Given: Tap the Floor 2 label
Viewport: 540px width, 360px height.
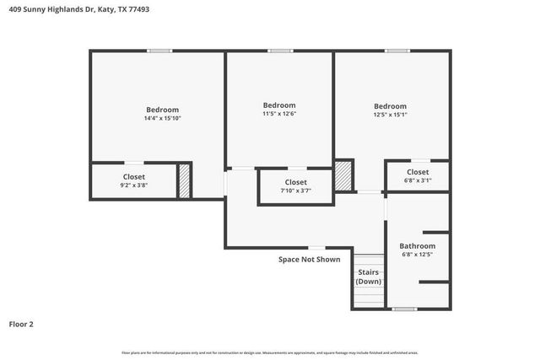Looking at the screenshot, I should tap(21, 323).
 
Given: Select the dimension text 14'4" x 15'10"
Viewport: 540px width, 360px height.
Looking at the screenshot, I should tap(162, 119).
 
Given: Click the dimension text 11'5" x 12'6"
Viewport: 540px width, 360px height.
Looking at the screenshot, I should tap(278, 114).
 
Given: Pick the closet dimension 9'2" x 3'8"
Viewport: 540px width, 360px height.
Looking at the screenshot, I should tap(133, 185).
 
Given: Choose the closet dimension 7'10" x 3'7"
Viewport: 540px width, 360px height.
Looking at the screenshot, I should tap(295, 191).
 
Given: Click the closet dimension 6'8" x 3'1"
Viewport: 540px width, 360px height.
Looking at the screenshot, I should tap(418, 180).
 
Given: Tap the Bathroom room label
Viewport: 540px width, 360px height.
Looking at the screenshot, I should tap(417, 245).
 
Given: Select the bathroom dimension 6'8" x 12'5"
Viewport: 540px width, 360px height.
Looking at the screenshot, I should tap(417, 254).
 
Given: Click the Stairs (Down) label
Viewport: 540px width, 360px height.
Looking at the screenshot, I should tap(368, 277).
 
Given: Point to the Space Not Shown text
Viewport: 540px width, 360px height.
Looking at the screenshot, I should tap(309, 260).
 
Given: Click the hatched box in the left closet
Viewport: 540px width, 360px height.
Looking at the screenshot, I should tap(183, 180).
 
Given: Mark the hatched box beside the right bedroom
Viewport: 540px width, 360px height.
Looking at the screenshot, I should tap(343, 175).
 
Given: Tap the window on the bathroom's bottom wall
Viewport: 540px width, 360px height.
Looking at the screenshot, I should tap(404, 309).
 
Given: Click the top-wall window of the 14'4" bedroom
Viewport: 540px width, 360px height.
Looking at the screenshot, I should tap(159, 51).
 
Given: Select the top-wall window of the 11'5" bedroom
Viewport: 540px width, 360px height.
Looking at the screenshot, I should tap(280, 51).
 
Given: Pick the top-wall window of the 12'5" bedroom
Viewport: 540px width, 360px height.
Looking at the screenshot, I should tap(397, 51).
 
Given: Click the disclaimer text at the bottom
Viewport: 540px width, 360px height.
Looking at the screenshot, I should tap(269, 352).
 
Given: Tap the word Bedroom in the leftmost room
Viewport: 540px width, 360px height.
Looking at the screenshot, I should tap(162, 110).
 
